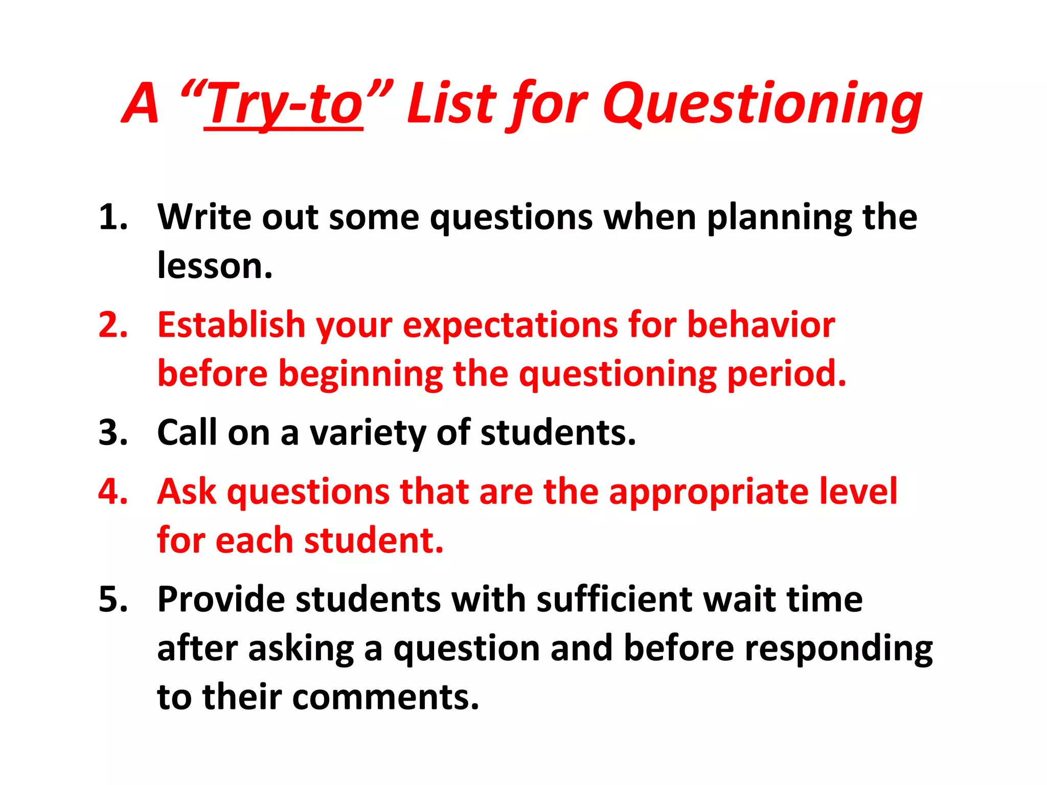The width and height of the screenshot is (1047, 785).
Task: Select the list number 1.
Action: pos(113,217)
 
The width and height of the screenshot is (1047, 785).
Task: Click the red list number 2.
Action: pos(113,325)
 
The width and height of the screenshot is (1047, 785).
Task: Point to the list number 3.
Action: pos(113,432)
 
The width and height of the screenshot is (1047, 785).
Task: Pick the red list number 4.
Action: pos(113,492)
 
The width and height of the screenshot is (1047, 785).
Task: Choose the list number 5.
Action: pos(113,599)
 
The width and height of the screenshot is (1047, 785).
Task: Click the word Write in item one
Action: pos(204,217)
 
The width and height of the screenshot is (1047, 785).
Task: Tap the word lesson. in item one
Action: pos(215,266)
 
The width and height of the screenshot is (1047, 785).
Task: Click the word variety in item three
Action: pos(368,433)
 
